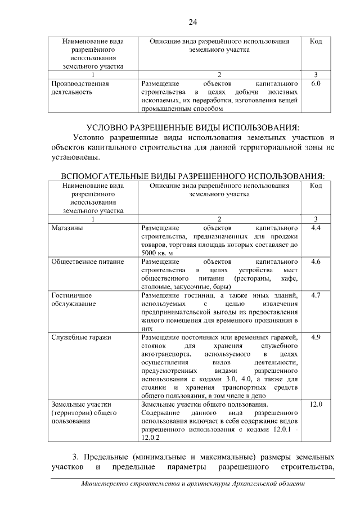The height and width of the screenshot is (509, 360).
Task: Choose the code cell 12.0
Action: click(x=315, y=404)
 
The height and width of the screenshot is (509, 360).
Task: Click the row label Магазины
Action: click(x=67, y=228)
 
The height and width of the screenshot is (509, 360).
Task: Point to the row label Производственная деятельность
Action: click(x=80, y=87)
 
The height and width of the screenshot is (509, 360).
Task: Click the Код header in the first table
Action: click(x=315, y=42)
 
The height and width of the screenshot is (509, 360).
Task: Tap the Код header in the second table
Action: click(x=315, y=185)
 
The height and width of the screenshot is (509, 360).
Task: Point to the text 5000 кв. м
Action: click(x=158, y=254)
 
